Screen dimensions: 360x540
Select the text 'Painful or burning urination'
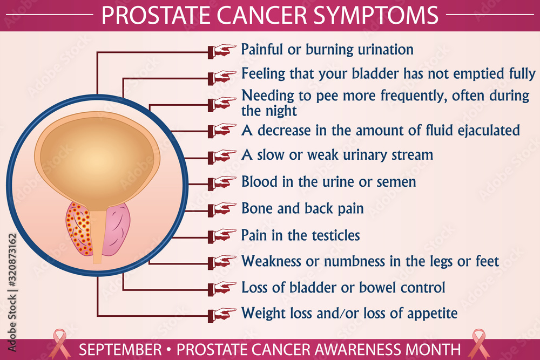(x=327, y=50)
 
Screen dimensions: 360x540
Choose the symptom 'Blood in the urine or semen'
(x=328, y=181)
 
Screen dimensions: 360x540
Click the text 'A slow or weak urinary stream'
(x=337, y=155)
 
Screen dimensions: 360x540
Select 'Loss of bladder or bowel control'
(x=343, y=287)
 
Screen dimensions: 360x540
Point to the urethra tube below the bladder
(x=97, y=237)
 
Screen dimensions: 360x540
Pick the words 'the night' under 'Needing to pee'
(x=269, y=111)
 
